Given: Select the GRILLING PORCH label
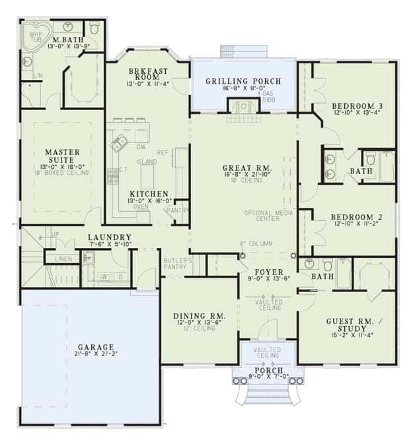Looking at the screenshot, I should [243, 81].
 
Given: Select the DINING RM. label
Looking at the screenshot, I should [200, 317].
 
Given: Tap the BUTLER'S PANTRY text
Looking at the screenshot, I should [178, 265].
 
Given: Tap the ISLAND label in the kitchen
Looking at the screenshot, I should [147, 161].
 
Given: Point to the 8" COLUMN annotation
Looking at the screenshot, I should [257, 244].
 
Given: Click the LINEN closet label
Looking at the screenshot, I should [64, 258].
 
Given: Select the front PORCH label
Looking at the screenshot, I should [268, 370].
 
